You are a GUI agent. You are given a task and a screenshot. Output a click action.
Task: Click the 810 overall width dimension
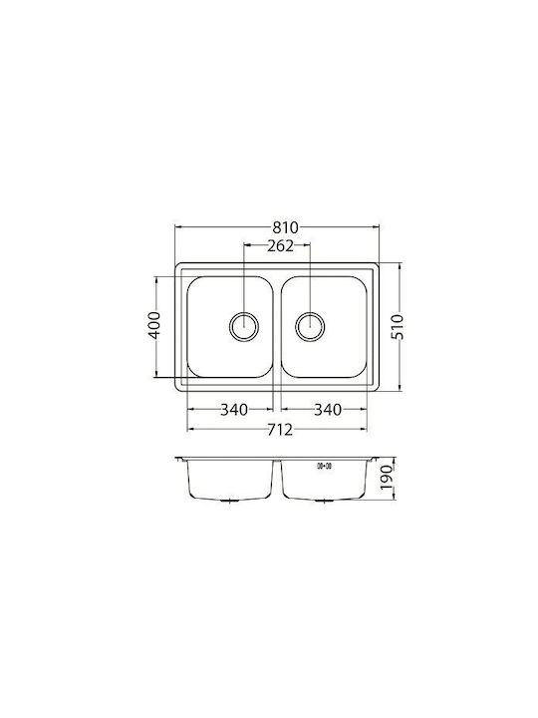285,227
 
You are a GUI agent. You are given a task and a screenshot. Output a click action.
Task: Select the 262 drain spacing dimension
280,246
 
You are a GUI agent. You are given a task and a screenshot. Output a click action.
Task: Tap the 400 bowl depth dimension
155,325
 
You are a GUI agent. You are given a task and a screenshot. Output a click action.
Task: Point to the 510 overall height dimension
398,326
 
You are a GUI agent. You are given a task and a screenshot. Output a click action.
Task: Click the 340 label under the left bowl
234,410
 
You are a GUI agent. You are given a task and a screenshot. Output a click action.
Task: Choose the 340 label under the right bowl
327,410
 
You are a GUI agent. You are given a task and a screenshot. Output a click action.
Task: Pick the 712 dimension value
279,430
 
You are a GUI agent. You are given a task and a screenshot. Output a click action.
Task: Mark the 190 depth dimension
387,477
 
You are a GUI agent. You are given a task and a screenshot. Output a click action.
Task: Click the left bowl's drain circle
244,326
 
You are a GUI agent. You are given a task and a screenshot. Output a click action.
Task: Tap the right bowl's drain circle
310,326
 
